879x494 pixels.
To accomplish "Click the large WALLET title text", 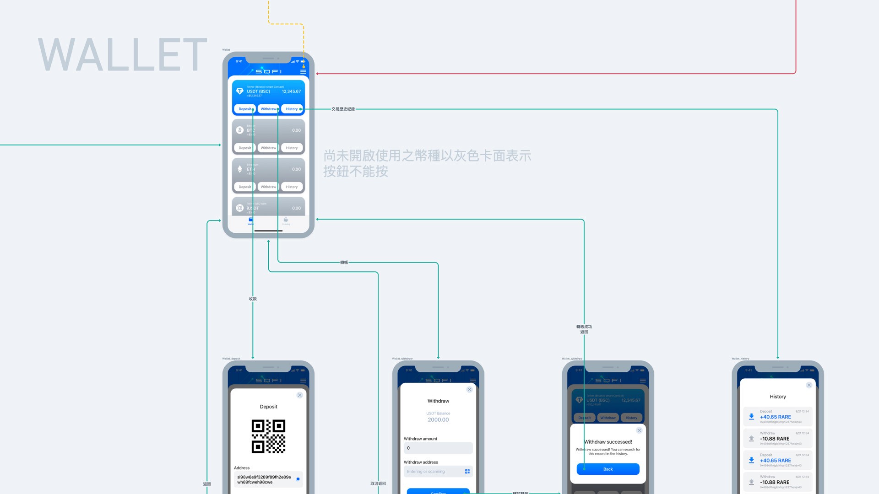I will pos(123,55).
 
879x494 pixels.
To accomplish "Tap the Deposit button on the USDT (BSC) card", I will pos(245,109).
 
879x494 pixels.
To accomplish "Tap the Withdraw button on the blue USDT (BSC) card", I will pos(268,109).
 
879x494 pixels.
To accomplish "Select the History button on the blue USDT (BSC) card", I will pos(292,109).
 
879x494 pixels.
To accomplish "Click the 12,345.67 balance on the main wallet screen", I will pos(291,91).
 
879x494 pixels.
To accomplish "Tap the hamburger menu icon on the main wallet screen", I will pos(303,72).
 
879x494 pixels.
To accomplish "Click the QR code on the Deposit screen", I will pos(268,436).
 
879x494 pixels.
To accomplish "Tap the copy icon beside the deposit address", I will pos(298,479).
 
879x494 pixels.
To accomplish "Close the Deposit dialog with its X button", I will pos(299,395).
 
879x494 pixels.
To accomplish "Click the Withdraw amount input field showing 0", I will pos(438,448).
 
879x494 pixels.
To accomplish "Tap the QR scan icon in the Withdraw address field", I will pos(467,472).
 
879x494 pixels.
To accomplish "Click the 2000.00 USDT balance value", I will pos(438,420).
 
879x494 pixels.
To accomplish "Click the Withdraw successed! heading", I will pos(608,442).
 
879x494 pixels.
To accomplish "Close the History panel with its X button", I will pos(809,385).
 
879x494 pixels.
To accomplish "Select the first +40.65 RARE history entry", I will pos(777,417).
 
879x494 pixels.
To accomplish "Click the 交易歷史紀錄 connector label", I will pos(343,109).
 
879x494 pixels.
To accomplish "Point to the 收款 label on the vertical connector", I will pos(253,299).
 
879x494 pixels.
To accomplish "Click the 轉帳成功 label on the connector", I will pos(584,327).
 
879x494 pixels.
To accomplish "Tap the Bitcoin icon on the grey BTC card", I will pos(239,130).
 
